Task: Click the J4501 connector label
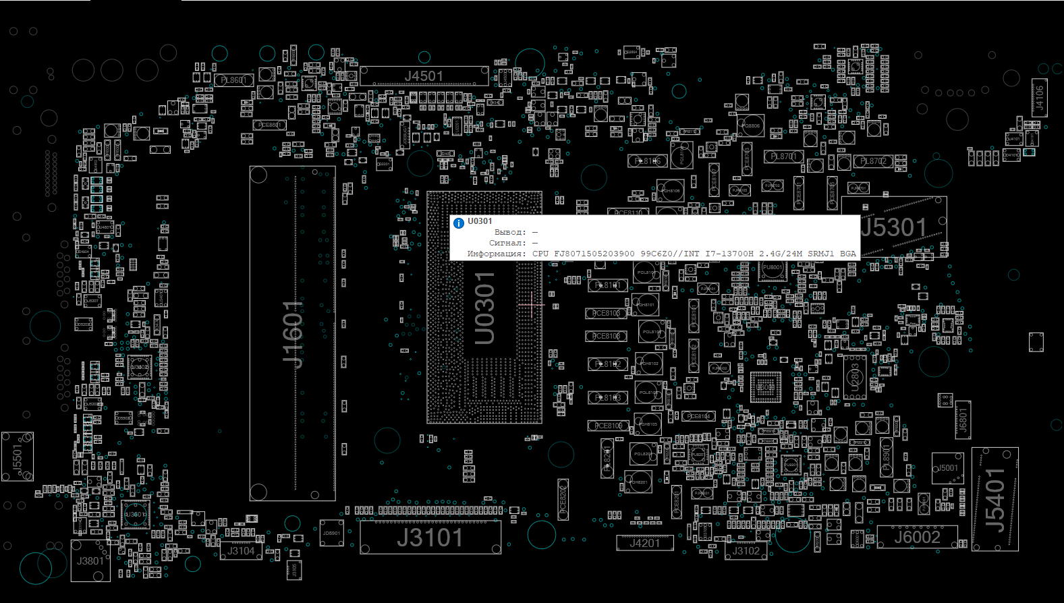424,76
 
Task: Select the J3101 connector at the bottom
430,538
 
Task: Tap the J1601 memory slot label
293,334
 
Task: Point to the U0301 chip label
484,308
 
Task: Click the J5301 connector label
895,228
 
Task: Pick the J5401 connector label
995,500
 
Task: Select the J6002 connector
917,538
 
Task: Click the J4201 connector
644,543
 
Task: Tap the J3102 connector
746,551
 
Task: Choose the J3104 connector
241,551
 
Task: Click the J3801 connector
90,561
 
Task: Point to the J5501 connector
18,457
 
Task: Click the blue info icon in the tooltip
459,223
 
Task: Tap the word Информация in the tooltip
496,254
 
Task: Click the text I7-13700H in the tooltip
729,254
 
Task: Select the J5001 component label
947,468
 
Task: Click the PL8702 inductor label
874,161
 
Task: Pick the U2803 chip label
855,378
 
